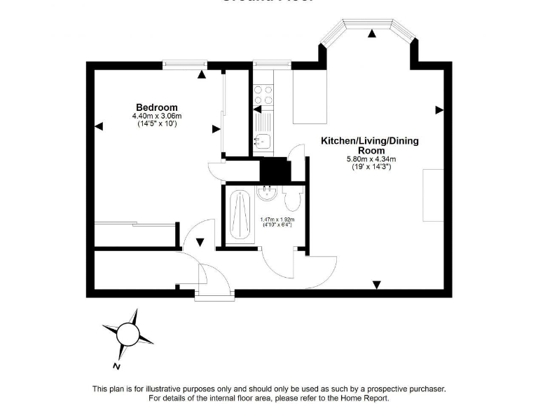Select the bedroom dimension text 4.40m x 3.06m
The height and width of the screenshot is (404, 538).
157,116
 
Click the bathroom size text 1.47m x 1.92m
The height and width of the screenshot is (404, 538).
277,220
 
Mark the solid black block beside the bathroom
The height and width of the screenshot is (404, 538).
275,170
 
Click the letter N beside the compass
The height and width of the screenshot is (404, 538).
116,365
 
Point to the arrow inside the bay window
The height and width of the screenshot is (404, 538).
372,33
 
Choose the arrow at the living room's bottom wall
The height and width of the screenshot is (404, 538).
376,284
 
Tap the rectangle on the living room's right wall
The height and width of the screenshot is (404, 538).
432,195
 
